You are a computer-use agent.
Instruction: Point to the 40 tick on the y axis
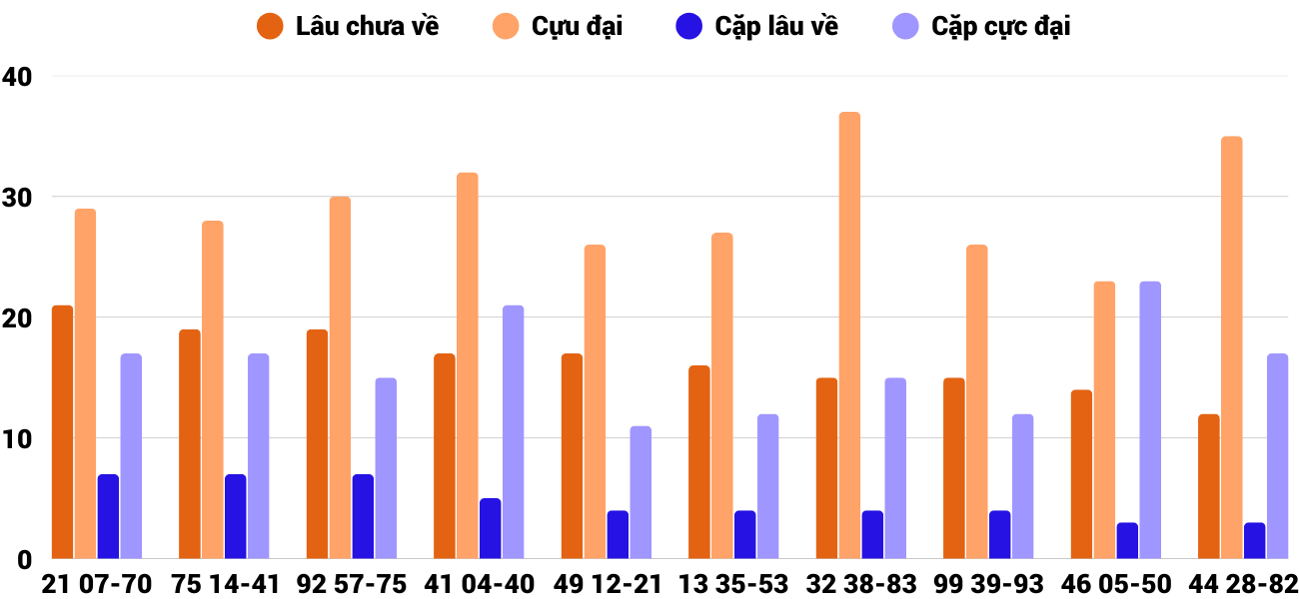(x=17, y=76)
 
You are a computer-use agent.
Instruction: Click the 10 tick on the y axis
(x=17, y=438)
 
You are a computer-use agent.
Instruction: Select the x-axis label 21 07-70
(x=97, y=584)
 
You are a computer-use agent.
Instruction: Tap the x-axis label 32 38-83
(x=861, y=584)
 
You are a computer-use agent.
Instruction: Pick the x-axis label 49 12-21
(x=607, y=584)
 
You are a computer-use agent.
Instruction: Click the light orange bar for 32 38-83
(x=849, y=335)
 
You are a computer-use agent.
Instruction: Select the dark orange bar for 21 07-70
(x=62, y=432)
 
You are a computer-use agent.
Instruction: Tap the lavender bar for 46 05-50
(x=1150, y=420)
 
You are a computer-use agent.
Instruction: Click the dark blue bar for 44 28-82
(x=1254, y=541)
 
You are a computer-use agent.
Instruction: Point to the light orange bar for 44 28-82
(x=1231, y=347)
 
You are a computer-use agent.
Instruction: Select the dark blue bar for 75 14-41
(x=235, y=517)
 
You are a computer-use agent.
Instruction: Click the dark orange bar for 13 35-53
(x=698, y=462)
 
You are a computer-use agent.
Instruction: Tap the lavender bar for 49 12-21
(x=641, y=493)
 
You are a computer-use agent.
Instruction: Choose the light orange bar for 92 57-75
(x=340, y=378)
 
